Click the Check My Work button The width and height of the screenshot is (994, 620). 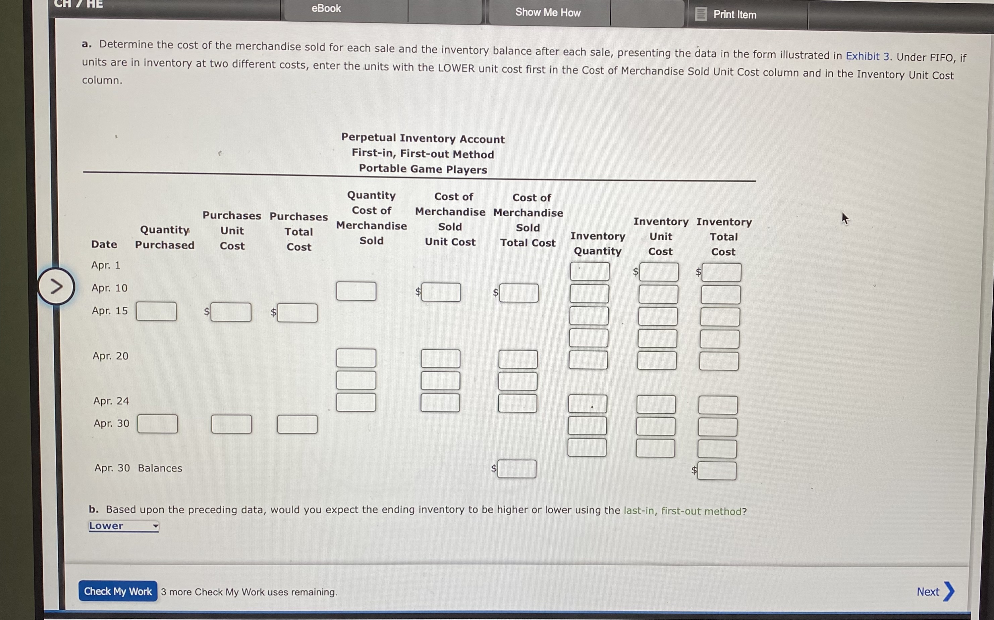(x=118, y=591)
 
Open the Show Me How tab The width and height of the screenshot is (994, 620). (x=548, y=12)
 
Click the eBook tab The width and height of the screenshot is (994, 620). (x=326, y=9)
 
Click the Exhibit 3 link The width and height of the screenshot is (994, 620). (x=867, y=56)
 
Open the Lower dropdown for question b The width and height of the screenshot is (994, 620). (x=123, y=526)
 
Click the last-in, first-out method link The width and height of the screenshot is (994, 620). (x=684, y=511)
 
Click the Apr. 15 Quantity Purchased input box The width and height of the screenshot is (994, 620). (x=156, y=312)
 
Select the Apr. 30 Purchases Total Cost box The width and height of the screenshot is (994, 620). (x=297, y=424)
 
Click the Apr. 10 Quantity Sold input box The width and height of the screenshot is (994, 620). (x=356, y=291)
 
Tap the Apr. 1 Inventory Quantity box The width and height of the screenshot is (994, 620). (x=590, y=272)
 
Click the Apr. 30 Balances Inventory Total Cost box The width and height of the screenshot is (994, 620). (x=717, y=471)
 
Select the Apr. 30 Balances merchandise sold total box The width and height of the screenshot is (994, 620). (x=517, y=469)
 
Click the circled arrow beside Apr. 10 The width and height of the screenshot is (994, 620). (x=56, y=286)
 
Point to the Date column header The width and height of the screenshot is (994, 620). (x=104, y=244)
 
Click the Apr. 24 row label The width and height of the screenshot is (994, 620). (x=111, y=401)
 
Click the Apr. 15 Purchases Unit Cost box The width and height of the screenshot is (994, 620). (x=231, y=312)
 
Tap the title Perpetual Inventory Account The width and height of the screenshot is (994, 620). (x=423, y=139)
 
